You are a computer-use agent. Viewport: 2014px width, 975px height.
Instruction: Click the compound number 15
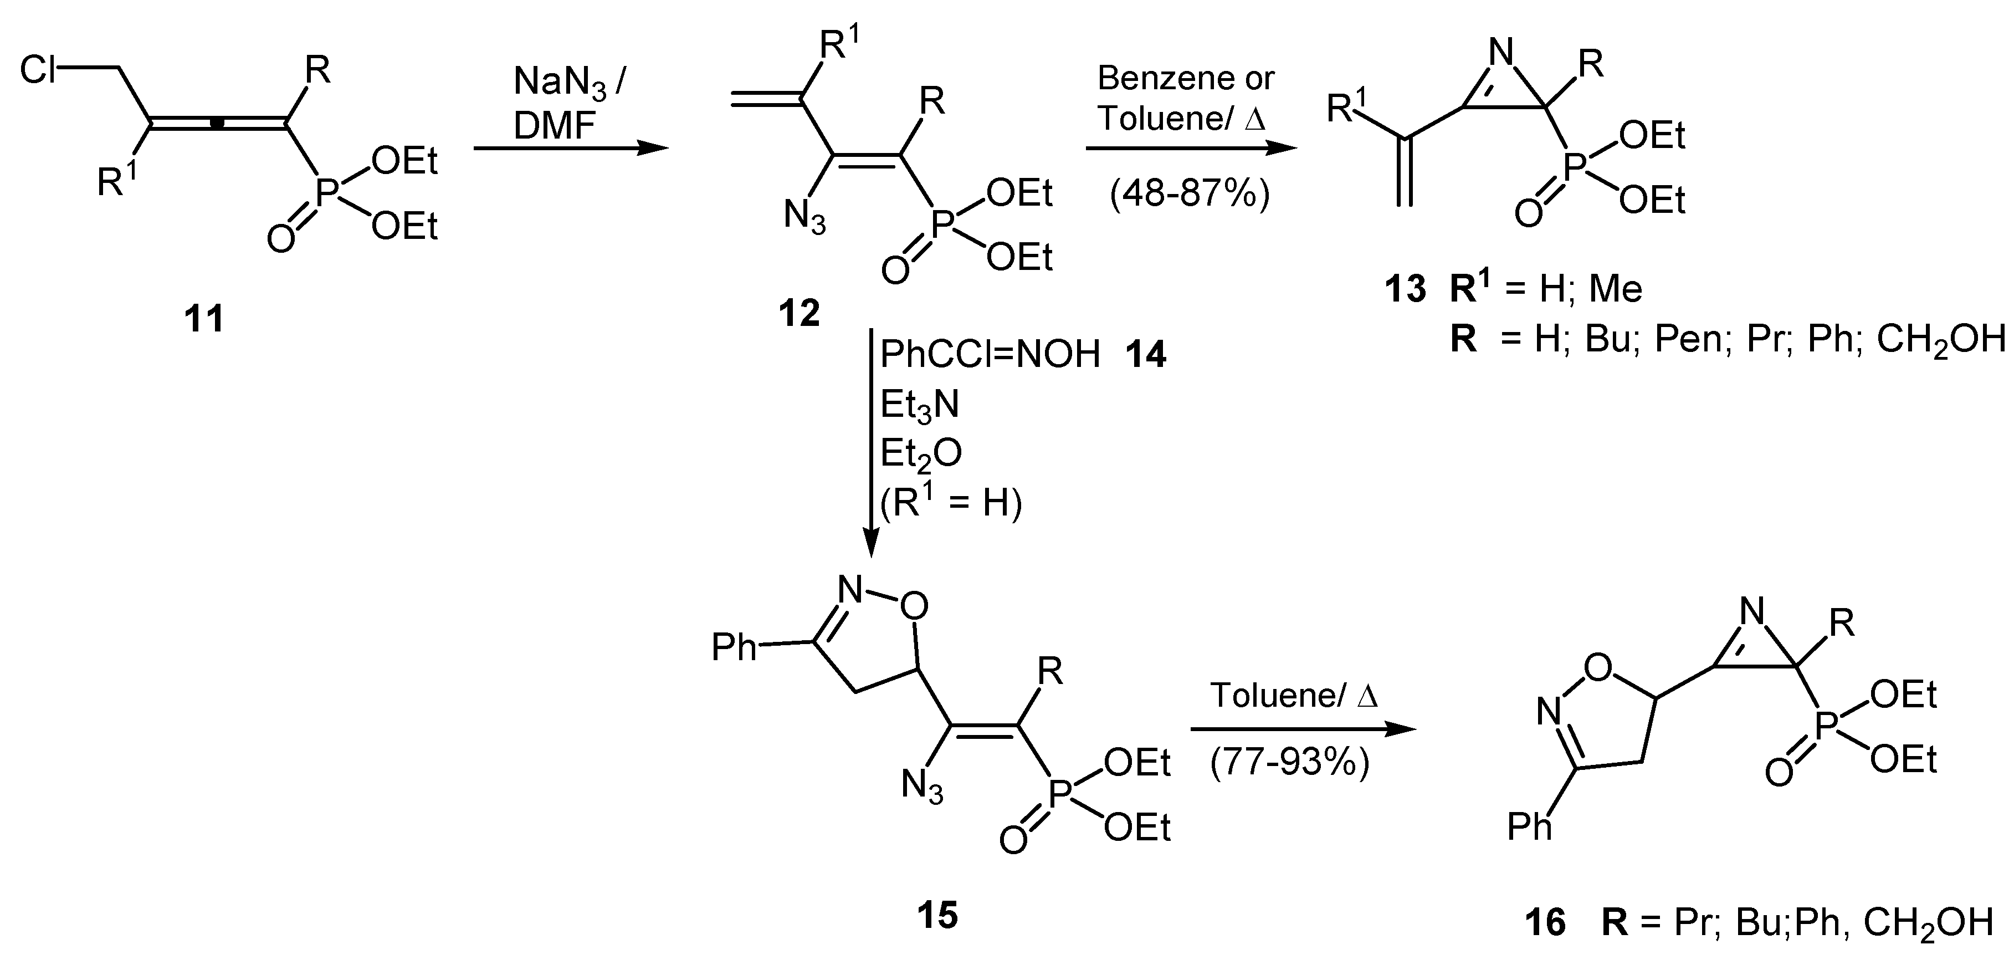click(x=937, y=915)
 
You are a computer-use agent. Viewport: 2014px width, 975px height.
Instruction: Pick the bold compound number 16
click(x=1545, y=922)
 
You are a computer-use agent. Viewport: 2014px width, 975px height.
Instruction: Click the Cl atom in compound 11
click(x=39, y=70)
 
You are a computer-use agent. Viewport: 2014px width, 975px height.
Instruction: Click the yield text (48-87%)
click(x=1189, y=193)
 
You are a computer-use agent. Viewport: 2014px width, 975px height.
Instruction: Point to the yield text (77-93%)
click(x=1290, y=762)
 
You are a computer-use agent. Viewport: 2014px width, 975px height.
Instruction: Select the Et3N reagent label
click(x=919, y=406)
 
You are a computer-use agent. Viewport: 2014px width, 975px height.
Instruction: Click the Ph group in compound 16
click(x=1529, y=826)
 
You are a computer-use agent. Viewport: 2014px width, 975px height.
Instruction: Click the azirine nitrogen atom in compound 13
click(x=1501, y=53)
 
